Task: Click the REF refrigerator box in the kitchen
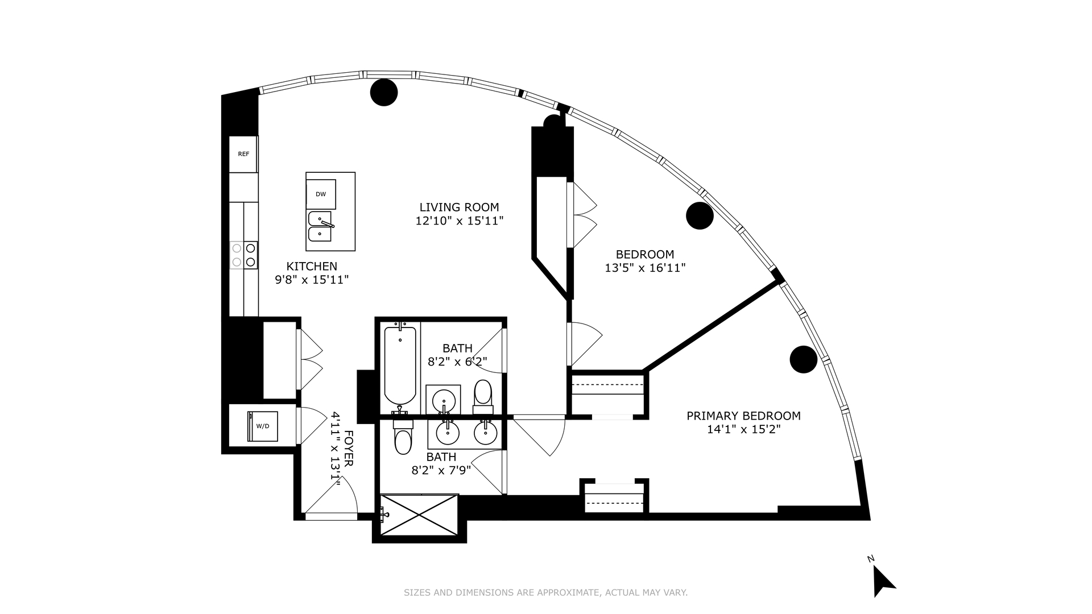pos(243,154)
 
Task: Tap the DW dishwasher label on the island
pos(321,194)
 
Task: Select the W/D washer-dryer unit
pos(263,426)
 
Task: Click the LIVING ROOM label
pos(460,208)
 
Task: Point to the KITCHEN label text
pos(312,266)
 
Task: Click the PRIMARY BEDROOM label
pos(743,416)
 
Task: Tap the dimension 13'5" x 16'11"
pos(645,268)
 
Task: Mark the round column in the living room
pos(384,92)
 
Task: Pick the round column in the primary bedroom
pos(804,359)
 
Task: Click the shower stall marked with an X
pos(419,515)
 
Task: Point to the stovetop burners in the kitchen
pos(243,255)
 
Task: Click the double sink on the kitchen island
pos(320,226)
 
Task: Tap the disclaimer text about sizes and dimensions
pos(546,592)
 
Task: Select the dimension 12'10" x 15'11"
pos(460,221)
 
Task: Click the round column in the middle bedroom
pos(700,216)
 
